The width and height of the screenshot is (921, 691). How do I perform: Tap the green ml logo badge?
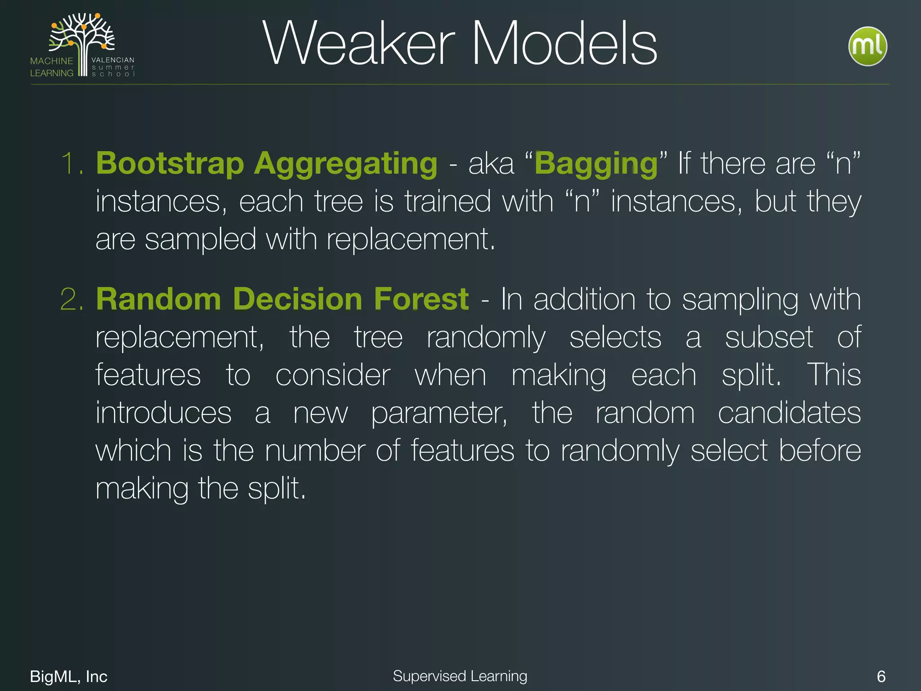click(867, 46)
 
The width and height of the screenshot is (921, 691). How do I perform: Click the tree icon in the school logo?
click(82, 40)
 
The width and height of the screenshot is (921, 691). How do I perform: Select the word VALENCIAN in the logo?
click(113, 60)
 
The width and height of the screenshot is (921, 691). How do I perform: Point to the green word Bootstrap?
click(170, 163)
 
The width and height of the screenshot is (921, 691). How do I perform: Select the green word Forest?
click(421, 299)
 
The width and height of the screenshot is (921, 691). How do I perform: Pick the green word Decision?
click(297, 299)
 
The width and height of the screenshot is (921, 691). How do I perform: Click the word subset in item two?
click(769, 337)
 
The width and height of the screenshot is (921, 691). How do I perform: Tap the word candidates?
click(789, 413)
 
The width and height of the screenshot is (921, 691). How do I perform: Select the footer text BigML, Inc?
click(68, 676)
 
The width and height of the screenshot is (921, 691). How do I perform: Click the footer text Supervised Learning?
click(460, 676)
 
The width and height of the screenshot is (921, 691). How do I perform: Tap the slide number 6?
click(881, 676)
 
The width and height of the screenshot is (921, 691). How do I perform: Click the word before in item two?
click(820, 451)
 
